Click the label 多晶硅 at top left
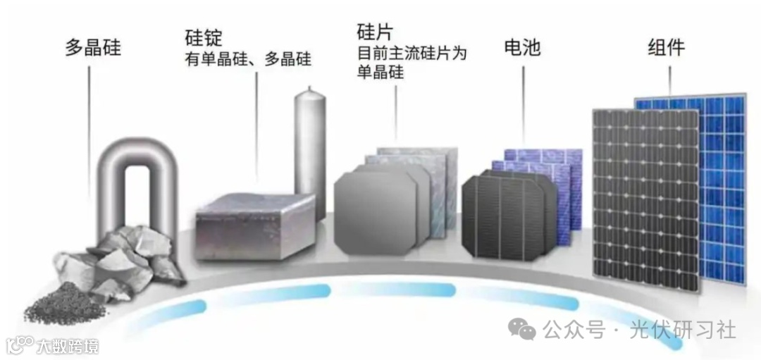pos(93,48)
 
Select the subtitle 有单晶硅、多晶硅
pos(247,58)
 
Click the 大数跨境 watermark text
pos(68,346)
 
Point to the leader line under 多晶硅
pos(89,127)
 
